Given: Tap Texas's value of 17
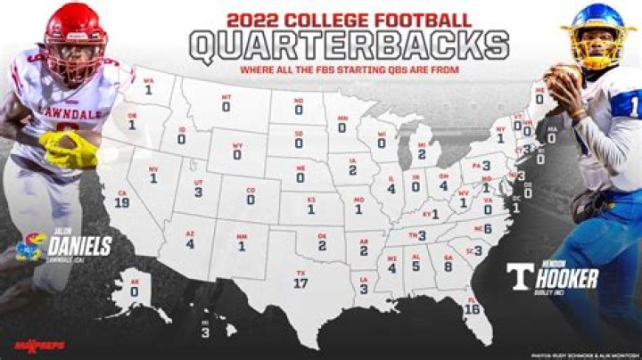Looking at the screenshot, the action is click(x=301, y=283).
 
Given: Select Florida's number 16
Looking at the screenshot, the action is click(x=472, y=308).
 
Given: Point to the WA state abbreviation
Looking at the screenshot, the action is click(x=149, y=79).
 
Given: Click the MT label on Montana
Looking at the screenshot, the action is click(x=226, y=96).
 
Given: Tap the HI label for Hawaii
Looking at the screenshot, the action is click(x=204, y=322).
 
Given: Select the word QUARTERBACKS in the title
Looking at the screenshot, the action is click(x=350, y=46).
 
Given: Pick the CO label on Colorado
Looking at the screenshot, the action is click(x=251, y=189).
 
